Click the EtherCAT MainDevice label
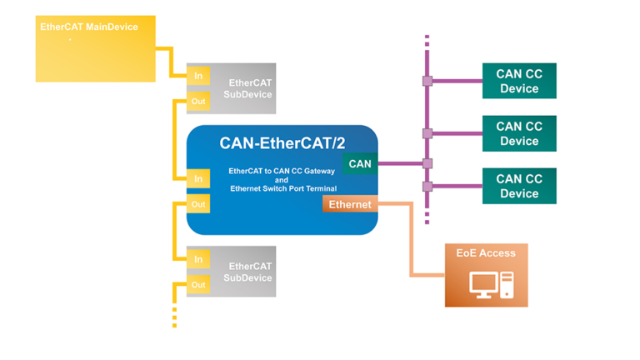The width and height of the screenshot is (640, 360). tap(89, 27)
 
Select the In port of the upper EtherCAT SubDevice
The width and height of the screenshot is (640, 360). tap(198, 76)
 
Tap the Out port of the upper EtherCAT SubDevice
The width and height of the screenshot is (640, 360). tap(198, 102)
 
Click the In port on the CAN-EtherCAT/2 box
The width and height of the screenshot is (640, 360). tap(198, 179)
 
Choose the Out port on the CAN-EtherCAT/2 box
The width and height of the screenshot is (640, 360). tap(198, 204)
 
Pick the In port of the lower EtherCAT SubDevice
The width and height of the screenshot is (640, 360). tap(198, 259)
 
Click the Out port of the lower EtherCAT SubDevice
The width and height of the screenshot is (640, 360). tap(198, 285)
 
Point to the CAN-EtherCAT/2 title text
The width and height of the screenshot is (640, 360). tap(282, 142)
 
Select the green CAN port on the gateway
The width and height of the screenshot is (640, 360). tap(360, 164)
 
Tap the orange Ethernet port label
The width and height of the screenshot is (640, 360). tap(350, 204)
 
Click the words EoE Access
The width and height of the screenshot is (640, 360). tap(486, 253)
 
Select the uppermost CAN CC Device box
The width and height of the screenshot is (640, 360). tap(519, 81)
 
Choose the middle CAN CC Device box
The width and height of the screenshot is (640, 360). tap(519, 133)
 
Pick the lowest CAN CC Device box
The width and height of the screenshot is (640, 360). tap(519, 186)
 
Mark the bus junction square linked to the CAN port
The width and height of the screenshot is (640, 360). tap(427, 164)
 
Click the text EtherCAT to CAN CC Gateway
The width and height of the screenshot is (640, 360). tap(282, 171)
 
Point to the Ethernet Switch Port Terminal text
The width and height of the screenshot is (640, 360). tap(282, 188)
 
